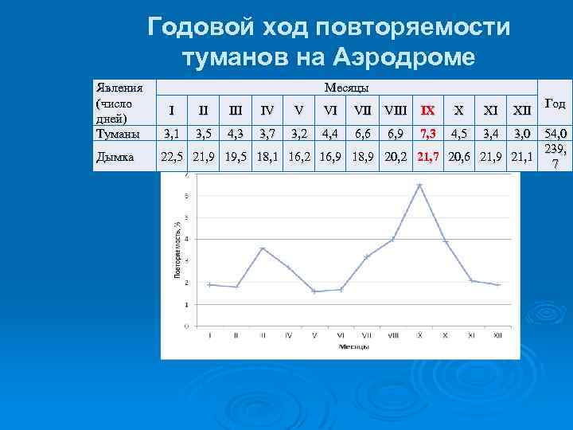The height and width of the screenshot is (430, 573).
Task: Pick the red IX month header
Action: [427, 110]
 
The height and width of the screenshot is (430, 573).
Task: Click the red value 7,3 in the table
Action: [427, 131]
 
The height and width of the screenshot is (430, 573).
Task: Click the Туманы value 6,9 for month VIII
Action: [394, 131]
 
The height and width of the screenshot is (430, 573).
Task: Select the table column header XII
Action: [521, 110]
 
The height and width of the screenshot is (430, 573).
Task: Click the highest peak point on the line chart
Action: [419, 185]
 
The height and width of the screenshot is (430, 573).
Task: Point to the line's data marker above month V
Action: [314, 291]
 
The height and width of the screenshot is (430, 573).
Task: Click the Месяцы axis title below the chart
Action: [353, 346]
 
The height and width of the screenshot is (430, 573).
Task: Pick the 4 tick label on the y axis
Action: [186, 239]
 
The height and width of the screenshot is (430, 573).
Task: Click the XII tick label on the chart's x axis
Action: [497, 335]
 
